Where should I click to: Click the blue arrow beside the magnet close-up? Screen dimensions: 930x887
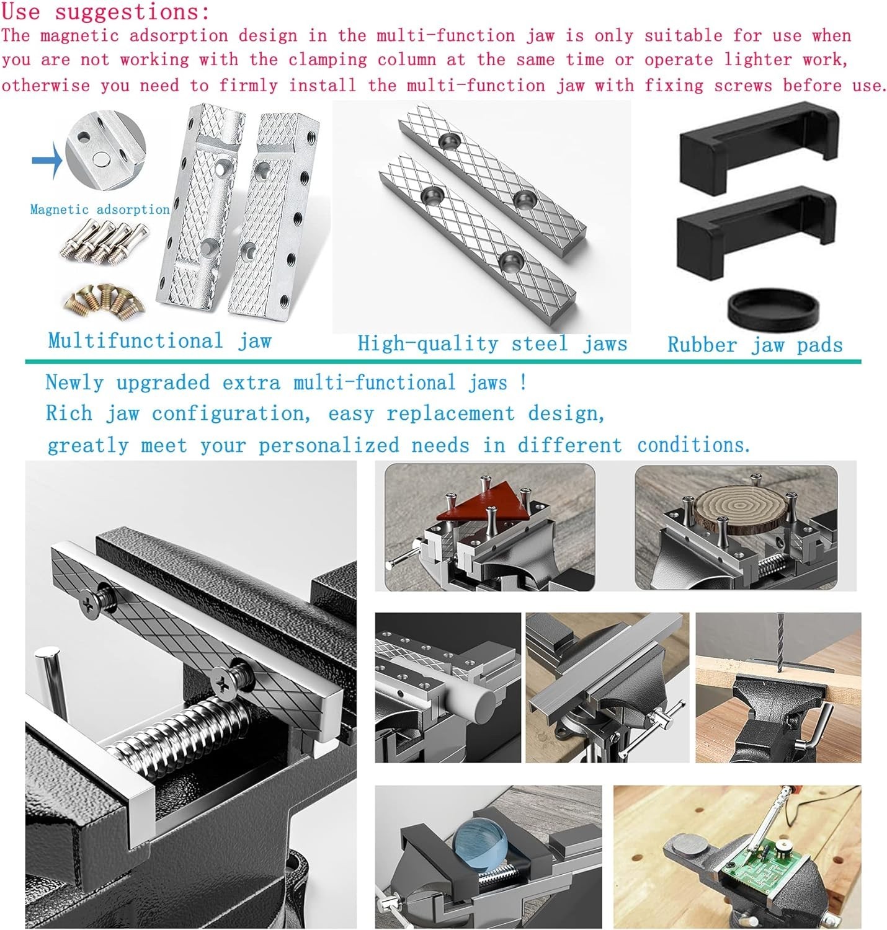tap(47, 159)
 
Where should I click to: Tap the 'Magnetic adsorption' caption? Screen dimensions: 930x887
tap(100, 210)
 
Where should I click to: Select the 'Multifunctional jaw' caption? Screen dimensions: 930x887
tap(159, 341)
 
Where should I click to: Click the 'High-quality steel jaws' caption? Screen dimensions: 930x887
tap(492, 344)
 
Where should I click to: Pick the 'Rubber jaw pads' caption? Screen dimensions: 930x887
tap(755, 345)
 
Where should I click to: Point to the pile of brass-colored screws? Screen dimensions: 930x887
tap(104, 299)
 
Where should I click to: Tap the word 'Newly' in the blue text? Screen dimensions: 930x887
tap(74, 383)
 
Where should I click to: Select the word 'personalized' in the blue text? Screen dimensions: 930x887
tap(329, 445)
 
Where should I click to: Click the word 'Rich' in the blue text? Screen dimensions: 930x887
tap(69, 414)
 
